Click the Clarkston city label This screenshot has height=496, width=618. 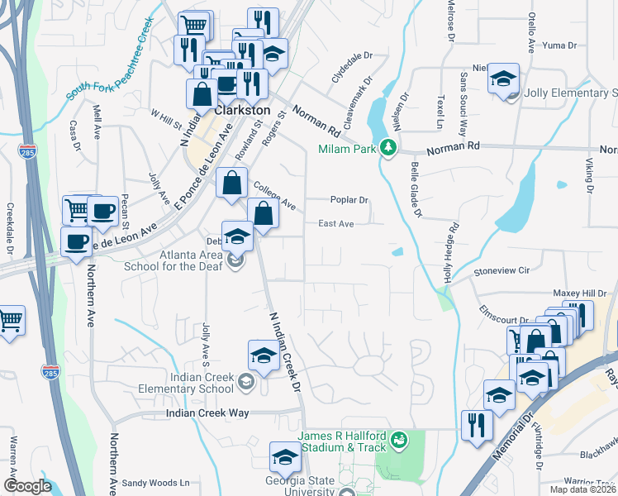243,109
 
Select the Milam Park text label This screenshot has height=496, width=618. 347,150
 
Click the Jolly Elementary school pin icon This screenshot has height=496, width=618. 503,79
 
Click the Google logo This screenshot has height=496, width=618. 28,486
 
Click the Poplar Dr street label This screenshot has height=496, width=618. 348,201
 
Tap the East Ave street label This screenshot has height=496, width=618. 336,224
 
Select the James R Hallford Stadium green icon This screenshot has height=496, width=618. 400,438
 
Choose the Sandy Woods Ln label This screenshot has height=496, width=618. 156,483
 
